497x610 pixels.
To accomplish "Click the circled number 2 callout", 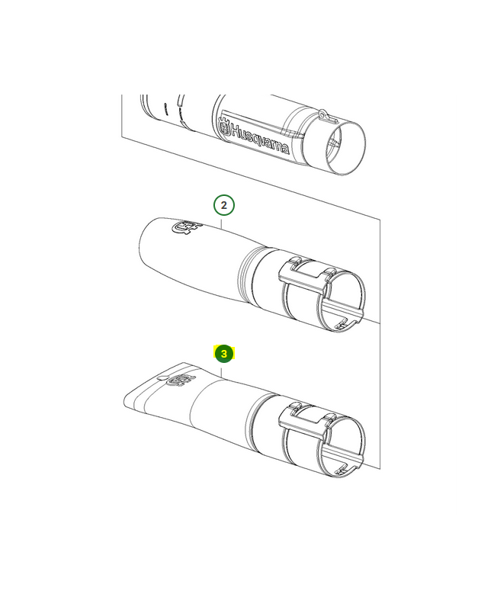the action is click(x=223, y=205).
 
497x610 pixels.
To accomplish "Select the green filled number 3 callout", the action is click(x=224, y=354).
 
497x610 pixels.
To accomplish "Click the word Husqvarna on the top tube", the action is click(x=260, y=140).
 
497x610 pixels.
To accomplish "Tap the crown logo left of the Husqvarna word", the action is click(x=224, y=128).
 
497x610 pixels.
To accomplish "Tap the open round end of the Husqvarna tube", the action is click(x=345, y=148).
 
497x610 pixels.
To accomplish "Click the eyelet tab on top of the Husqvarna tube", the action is click(x=328, y=116).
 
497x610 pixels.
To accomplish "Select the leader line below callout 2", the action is click(x=221, y=223).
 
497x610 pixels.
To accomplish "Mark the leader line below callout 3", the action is click(x=221, y=372).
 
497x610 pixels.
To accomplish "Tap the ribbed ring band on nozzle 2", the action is click(x=245, y=275).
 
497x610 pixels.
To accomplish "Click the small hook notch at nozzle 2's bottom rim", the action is click(x=342, y=323).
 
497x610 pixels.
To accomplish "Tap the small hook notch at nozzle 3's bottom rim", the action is click(x=342, y=470).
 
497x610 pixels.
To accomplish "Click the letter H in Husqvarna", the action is click(x=236, y=130).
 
